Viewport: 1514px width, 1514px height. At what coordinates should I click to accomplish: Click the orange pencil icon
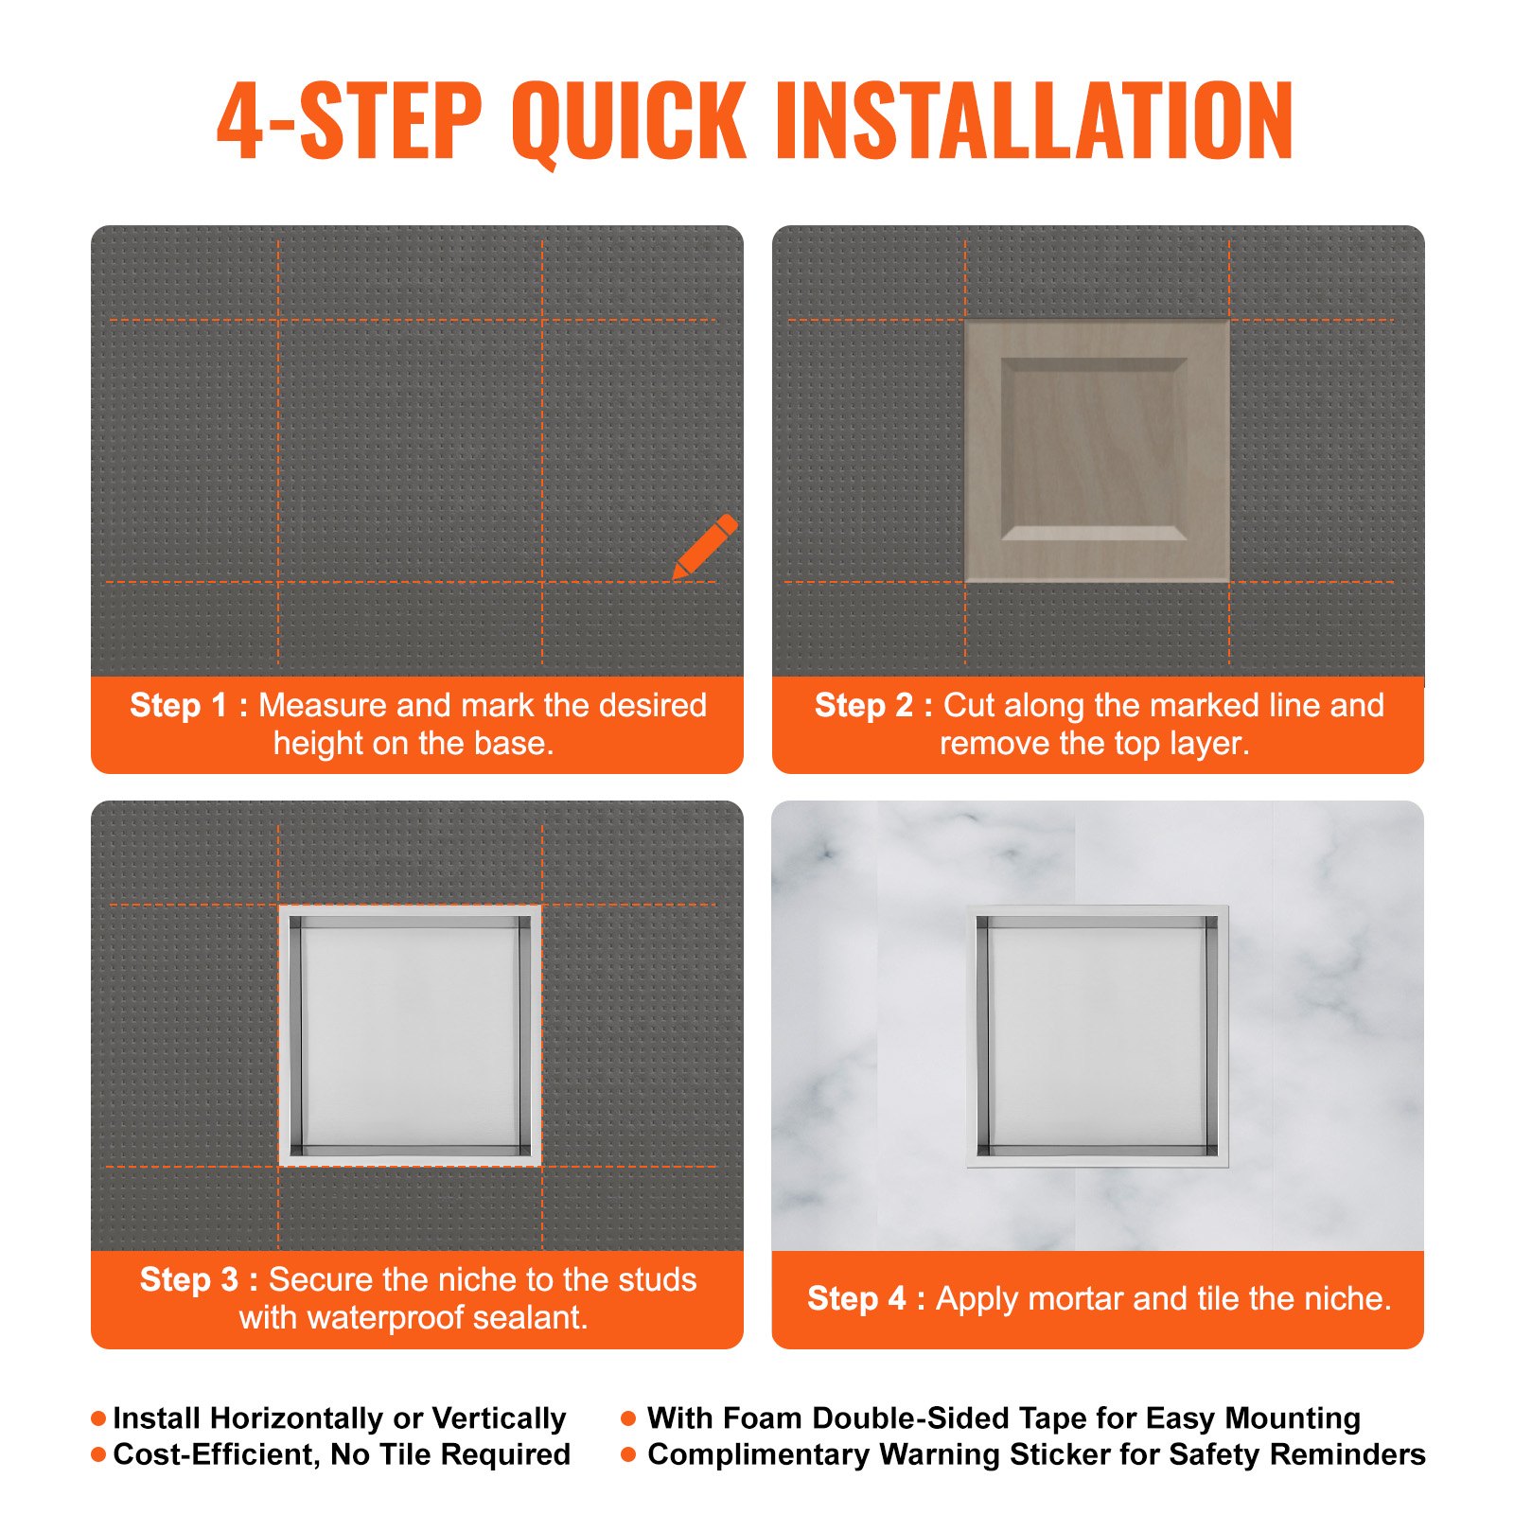tap(705, 546)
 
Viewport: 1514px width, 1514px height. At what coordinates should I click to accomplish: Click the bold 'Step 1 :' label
tap(188, 706)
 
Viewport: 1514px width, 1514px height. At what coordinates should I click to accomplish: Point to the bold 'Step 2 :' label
tap(873, 706)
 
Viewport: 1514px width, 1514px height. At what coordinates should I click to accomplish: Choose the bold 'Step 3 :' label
tap(199, 1280)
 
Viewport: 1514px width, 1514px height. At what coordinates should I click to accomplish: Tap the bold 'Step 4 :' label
tap(866, 1299)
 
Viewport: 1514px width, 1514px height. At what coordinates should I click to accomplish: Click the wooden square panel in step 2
tap(1096, 450)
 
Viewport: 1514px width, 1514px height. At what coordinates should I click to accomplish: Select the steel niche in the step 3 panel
tap(410, 1035)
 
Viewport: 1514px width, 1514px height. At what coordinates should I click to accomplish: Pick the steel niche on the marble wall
tap(1097, 1035)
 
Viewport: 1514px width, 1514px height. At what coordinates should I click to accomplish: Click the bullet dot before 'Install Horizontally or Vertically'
tap(98, 1418)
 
